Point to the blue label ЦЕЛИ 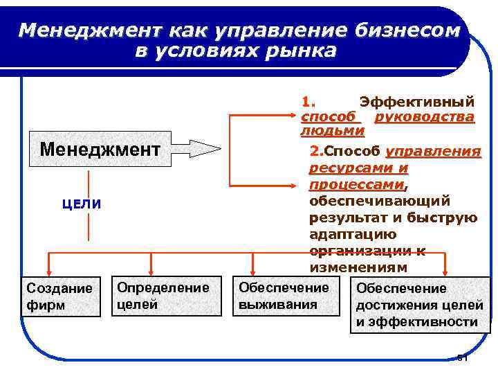(82, 204)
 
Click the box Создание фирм (59, 296)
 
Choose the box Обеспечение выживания (284, 296)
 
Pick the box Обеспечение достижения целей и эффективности (416, 305)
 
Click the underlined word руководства (424, 117)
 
